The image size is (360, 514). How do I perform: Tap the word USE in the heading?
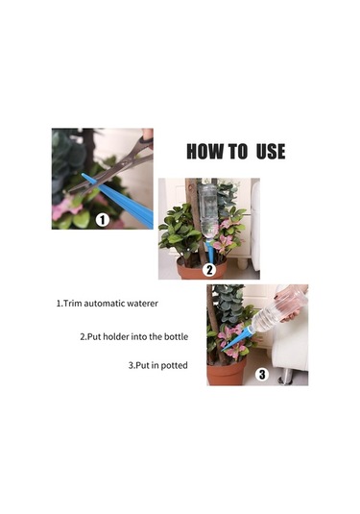tap(271, 152)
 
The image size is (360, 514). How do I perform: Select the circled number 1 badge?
tap(103, 220)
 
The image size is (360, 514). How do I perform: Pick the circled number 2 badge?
tap(209, 270)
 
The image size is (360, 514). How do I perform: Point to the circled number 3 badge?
tap(262, 375)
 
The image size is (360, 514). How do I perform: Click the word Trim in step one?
tap(72, 304)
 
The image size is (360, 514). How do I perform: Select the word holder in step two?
tap(116, 336)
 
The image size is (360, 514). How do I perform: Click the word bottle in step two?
tap(176, 336)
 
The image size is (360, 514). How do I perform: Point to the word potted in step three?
tap(175, 365)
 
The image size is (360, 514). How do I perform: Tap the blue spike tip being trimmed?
tap(88, 178)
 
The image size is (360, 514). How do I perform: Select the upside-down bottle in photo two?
tap(207, 211)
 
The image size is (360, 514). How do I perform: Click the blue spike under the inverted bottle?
tap(210, 253)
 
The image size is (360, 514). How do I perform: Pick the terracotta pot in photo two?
tap(203, 269)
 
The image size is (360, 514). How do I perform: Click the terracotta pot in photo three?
tap(226, 372)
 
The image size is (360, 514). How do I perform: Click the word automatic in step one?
tap(105, 304)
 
